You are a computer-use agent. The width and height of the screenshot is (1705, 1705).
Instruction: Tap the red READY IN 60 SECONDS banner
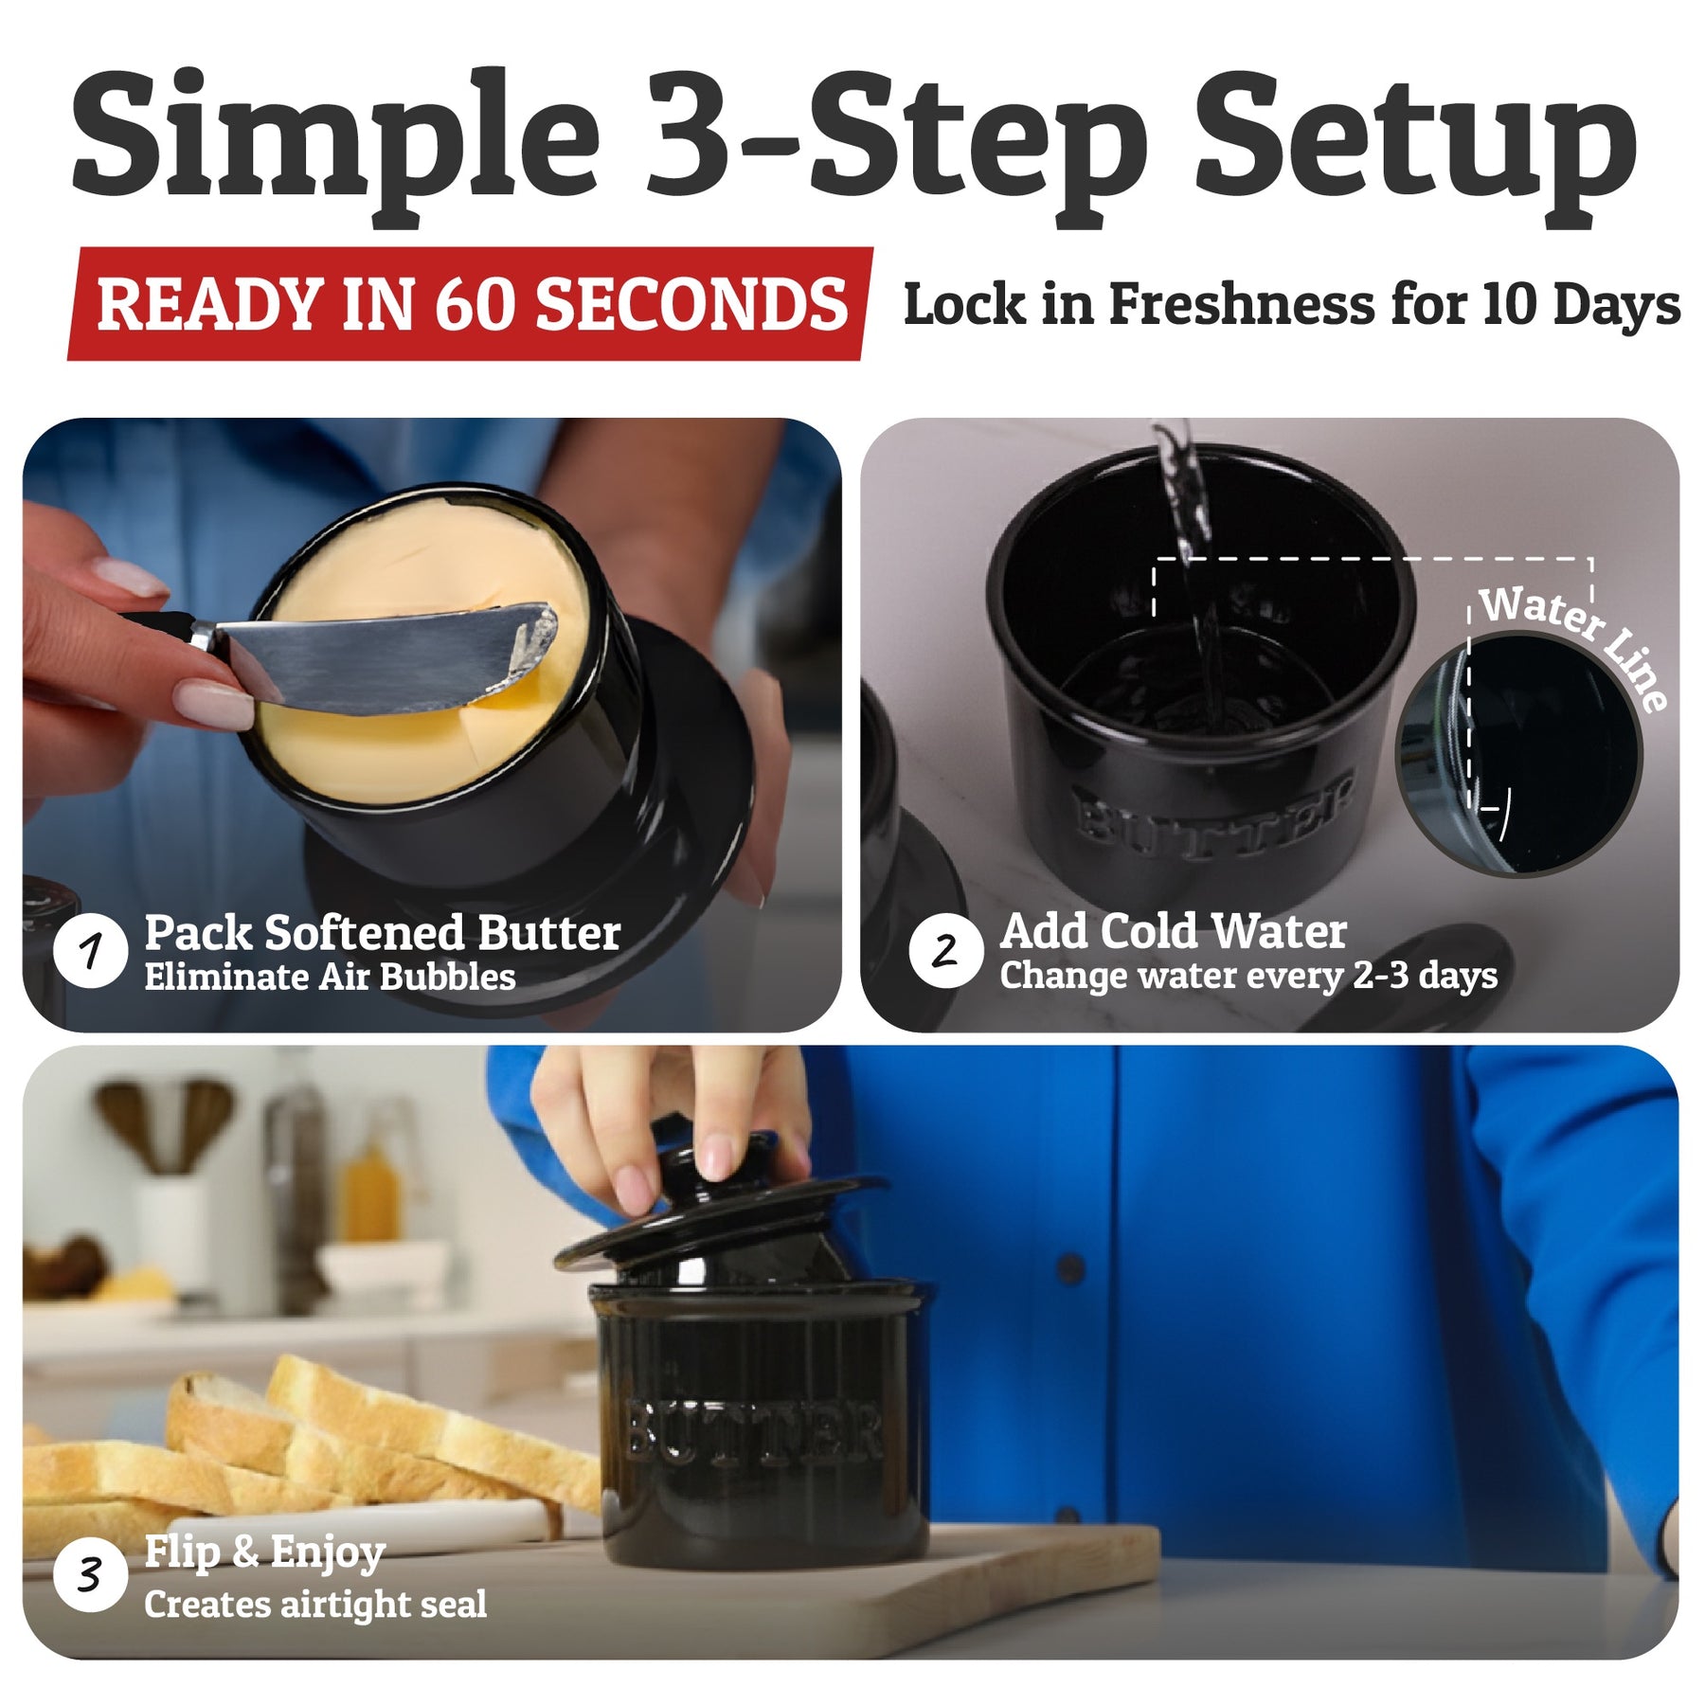[x=471, y=304]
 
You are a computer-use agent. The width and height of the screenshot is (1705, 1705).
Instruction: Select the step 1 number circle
[x=91, y=950]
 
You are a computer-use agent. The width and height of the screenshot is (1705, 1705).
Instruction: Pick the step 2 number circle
[x=944, y=950]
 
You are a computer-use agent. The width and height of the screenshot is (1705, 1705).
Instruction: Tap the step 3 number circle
[x=91, y=1575]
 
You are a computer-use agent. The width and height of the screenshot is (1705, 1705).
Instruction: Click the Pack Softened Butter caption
[x=383, y=933]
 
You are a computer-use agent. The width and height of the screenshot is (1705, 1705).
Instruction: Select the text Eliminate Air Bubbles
[x=330, y=978]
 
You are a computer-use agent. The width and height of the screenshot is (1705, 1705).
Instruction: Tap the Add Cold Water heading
[x=1173, y=931]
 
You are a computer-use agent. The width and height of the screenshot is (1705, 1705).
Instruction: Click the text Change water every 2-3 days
[x=1248, y=976]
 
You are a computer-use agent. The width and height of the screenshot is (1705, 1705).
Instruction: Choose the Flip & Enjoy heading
[x=264, y=1553]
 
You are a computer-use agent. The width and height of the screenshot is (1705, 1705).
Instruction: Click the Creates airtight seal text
[x=315, y=1604]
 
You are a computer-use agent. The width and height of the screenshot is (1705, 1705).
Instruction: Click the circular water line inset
[x=1518, y=755]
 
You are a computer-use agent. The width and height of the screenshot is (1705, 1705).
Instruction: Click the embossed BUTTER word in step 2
[x=1212, y=811]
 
